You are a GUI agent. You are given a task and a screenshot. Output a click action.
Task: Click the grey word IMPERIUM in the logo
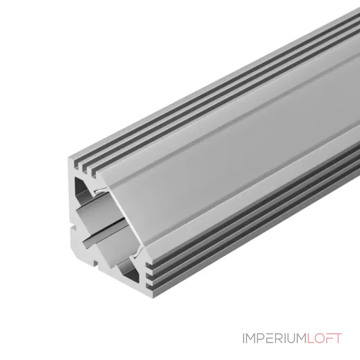[x=274, y=338]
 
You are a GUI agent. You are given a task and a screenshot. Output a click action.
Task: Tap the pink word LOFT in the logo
[x=324, y=338]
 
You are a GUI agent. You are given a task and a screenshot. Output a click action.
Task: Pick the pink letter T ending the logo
[x=338, y=338]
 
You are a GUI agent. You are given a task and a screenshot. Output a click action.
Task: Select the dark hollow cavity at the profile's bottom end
[x=129, y=273]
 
